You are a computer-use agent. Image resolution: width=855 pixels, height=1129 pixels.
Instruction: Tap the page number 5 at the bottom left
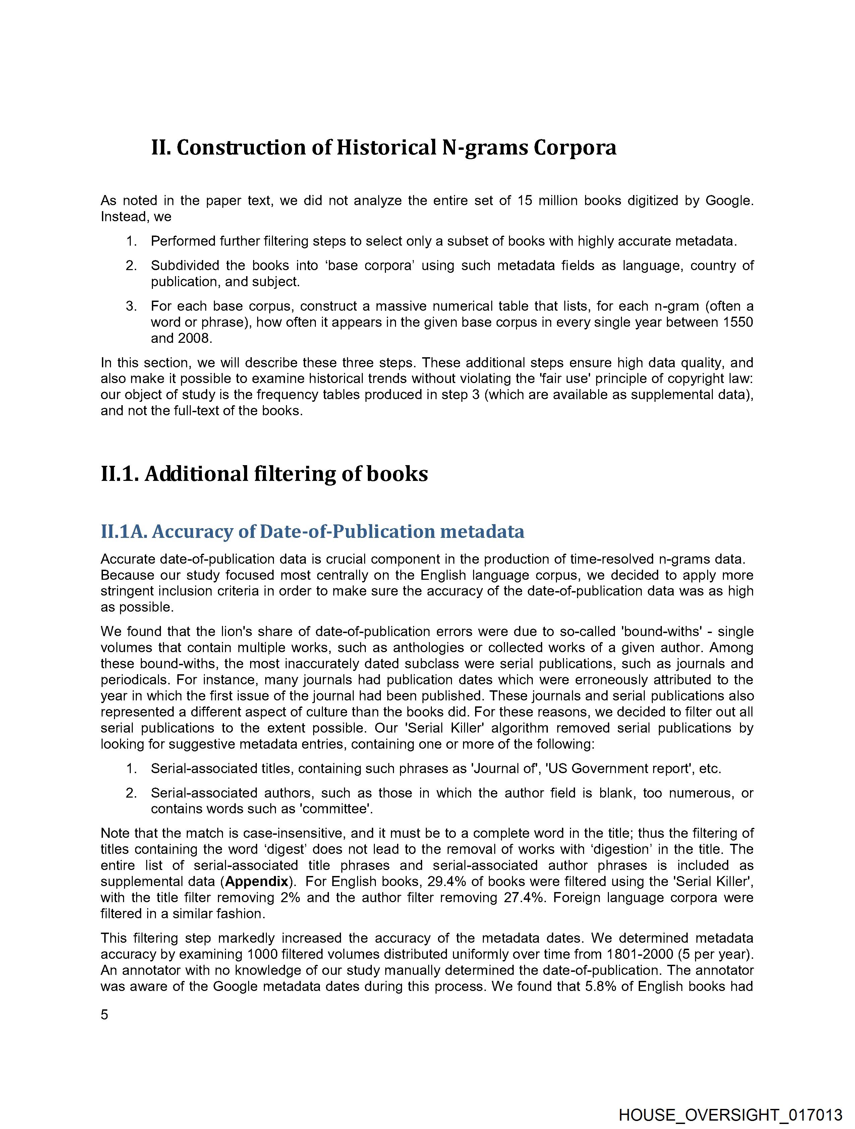pyautogui.click(x=104, y=1015)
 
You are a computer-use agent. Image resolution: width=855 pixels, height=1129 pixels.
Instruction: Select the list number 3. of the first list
pyautogui.click(x=131, y=306)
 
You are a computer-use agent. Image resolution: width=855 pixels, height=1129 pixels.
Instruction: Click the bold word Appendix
pyautogui.click(x=257, y=881)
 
